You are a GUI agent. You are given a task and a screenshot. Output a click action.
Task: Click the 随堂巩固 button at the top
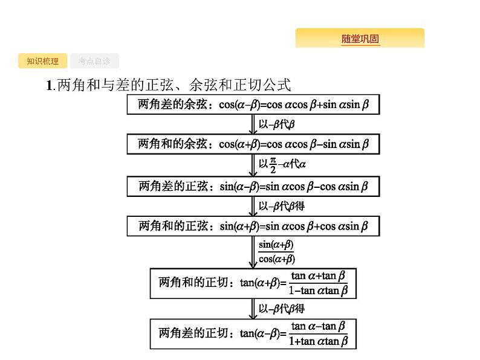pyautogui.click(x=360, y=39)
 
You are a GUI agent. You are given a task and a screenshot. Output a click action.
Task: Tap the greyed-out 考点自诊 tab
pyautogui.click(x=94, y=61)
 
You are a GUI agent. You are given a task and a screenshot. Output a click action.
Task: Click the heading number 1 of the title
pyautogui.click(x=50, y=85)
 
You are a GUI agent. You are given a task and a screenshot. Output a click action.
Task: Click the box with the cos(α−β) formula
pyautogui.click(x=253, y=104)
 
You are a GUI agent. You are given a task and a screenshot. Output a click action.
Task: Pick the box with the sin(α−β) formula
pyautogui.click(x=253, y=186)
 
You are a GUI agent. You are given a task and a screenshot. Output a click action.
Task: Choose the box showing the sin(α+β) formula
pyautogui.click(x=253, y=226)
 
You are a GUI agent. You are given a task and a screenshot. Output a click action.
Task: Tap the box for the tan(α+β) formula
pyautogui.click(x=253, y=282)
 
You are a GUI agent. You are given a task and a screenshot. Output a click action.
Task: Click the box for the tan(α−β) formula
pyautogui.click(x=253, y=333)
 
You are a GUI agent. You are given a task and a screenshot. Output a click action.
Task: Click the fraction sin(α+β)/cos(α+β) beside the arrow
pyautogui.click(x=276, y=252)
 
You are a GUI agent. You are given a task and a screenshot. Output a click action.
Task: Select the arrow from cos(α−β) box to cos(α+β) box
pyautogui.click(x=253, y=124)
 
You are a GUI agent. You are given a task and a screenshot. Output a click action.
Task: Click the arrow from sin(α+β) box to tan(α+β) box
pyautogui.click(x=253, y=251)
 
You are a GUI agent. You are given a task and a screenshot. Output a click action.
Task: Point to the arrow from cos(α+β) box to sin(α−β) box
pyautogui.click(x=253, y=164)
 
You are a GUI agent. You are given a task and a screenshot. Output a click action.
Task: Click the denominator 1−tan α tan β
pyautogui.click(x=318, y=291)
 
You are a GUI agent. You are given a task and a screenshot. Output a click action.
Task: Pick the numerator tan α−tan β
pyautogui.click(x=318, y=326)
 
